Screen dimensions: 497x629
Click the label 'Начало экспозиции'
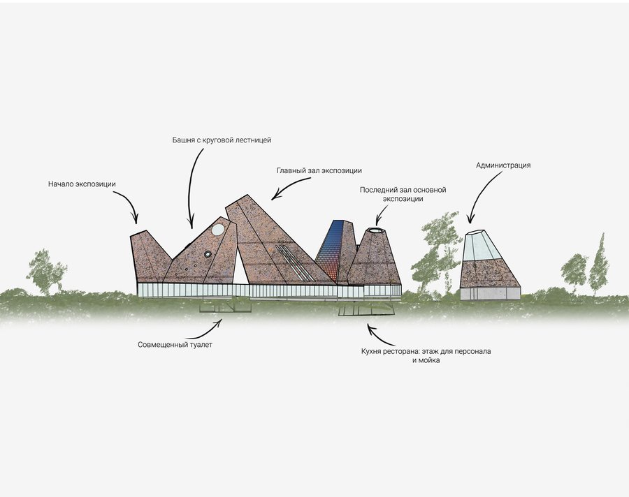coord(82,184)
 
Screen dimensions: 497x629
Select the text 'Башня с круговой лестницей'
coord(222,140)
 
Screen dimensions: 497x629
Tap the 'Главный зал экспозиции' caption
coord(319,170)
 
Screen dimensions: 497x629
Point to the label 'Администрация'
coord(503,165)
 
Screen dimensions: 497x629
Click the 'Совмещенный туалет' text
coord(175,344)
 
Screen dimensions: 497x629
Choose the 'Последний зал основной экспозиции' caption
coord(403,194)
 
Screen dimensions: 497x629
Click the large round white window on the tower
coord(218,229)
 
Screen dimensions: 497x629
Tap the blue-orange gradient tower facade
coord(331,251)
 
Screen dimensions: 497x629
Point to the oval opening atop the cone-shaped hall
coord(375,230)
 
